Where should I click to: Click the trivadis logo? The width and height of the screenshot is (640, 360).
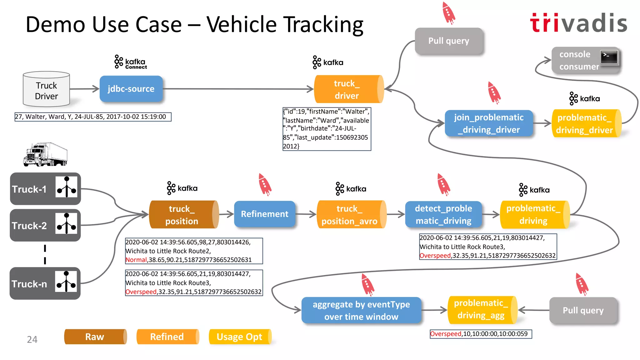click(x=579, y=23)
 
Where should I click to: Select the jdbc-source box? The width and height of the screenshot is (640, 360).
click(x=131, y=89)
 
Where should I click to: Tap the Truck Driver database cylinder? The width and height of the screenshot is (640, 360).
click(x=46, y=89)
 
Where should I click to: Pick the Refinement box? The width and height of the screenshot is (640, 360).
click(x=264, y=214)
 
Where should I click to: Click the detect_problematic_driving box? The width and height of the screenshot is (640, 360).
click(x=443, y=215)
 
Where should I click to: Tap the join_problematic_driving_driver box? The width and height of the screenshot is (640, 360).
click(x=489, y=123)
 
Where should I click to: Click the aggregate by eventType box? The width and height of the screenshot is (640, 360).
click(x=361, y=310)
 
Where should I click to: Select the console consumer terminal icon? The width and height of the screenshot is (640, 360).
click(x=609, y=57)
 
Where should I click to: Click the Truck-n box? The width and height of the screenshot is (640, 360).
click(x=45, y=283)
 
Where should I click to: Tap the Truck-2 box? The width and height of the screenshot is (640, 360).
click(x=45, y=225)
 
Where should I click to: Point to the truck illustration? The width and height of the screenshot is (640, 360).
click(x=45, y=155)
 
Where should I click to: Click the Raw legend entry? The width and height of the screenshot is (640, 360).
click(x=95, y=337)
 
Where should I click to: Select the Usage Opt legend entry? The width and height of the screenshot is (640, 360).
click(x=240, y=337)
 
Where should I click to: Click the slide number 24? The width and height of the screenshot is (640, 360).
click(x=32, y=339)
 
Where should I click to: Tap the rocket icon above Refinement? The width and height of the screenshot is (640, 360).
click(x=265, y=184)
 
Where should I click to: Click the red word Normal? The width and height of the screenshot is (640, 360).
click(x=136, y=260)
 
